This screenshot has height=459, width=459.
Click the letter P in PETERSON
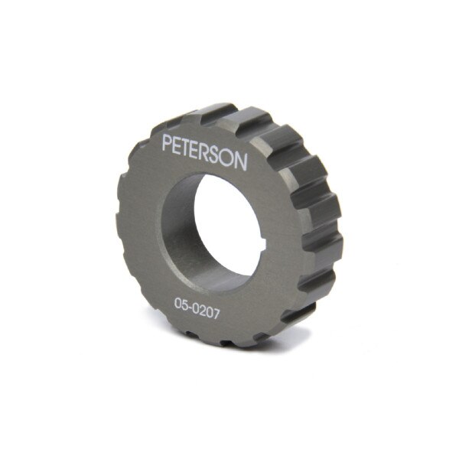pyautogui.click(x=168, y=142)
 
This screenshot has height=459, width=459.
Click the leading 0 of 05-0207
pyautogui.click(x=178, y=304)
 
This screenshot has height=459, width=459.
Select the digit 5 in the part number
pyautogui.click(x=185, y=305)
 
